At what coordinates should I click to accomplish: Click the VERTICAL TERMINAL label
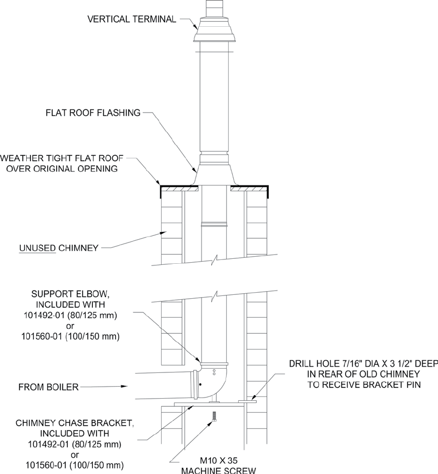(x=132, y=20)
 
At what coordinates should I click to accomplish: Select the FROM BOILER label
(x=49, y=387)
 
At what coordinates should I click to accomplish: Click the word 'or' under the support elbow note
(x=69, y=327)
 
